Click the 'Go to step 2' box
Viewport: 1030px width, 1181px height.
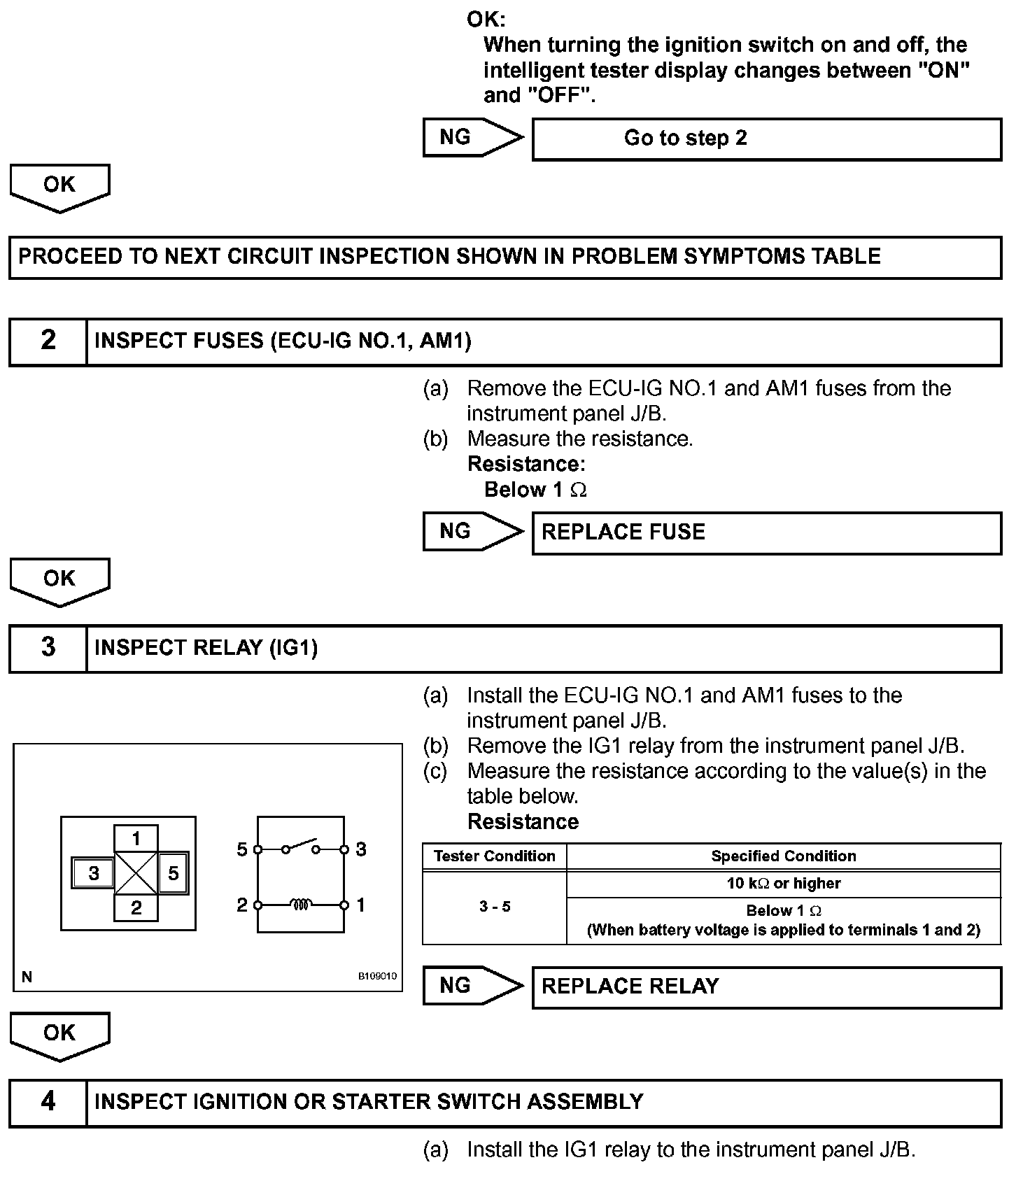(x=766, y=139)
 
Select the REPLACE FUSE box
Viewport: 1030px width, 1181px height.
(x=766, y=532)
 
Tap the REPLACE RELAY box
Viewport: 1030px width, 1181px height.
(x=766, y=986)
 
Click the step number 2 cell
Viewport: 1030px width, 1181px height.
(x=48, y=341)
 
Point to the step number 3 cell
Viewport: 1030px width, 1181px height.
(x=48, y=647)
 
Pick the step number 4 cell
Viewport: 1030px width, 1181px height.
(x=48, y=1102)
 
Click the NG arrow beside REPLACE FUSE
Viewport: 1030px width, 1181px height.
(x=472, y=531)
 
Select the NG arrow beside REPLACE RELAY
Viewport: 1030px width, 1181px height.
(x=472, y=985)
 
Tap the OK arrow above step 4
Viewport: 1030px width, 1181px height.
(x=59, y=1035)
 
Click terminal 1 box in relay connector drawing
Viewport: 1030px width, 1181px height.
(x=136, y=838)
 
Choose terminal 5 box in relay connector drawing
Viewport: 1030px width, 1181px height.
(x=174, y=872)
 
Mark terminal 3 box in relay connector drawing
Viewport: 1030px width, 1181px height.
(x=93, y=873)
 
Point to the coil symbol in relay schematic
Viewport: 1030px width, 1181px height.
(x=300, y=905)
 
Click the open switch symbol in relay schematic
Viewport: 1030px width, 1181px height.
(x=300, y=847)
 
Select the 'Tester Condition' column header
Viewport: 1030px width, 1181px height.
(x=494, y=856)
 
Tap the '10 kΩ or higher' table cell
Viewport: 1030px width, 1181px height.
(x=783, y=884)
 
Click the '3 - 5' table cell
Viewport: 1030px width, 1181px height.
(x=494, y=907)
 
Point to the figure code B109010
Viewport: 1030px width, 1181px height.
(x=377, y=976)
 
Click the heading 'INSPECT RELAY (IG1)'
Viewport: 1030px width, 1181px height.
(x=206, y=648)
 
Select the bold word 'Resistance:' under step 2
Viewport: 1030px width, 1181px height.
(x=526, y=464)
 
